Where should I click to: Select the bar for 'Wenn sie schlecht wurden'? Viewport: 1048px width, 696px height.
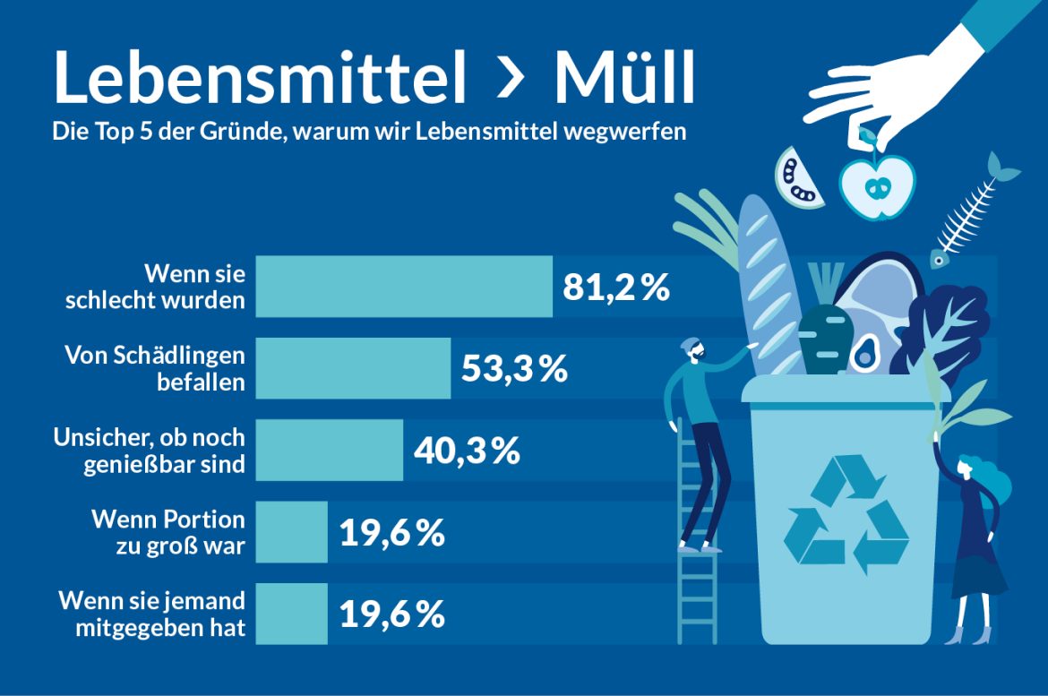(x=404, y=287)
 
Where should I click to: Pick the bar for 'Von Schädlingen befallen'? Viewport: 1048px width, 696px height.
(x=353, y=368)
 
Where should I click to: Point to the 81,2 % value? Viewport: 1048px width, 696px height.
(x=616, y=288)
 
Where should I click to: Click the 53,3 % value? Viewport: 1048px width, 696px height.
(x=514, y=369)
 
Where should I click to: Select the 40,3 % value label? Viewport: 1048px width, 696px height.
(x=467, y=451)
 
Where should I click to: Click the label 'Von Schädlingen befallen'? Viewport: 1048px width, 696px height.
(x=154, y=368)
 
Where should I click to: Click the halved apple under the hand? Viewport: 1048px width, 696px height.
(x=876, y=186)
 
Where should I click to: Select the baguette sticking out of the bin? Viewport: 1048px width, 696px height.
(x=762, y=287)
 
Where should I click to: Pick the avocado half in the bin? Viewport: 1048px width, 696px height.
(x=863, y=353)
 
